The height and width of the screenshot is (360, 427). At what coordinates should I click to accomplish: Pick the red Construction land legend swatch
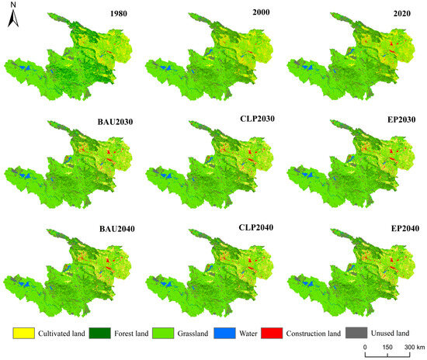286,334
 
